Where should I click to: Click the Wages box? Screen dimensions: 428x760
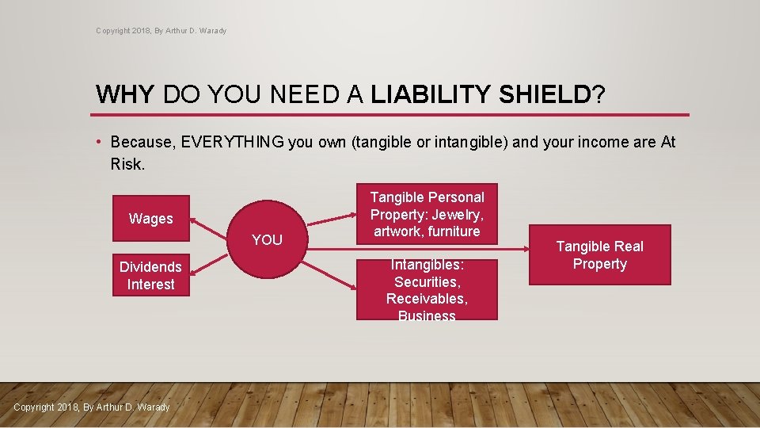tap(150, 218)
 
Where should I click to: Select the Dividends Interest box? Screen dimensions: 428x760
tap(150, 275)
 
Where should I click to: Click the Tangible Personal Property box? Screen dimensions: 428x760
tap(427, 215)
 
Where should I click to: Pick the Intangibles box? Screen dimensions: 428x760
tap(427, 289)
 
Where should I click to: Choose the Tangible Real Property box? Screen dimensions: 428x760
tap(599, 255)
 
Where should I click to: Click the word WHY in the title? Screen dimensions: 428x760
tap(126, 95)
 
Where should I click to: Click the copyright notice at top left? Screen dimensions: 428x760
tap(161, 31)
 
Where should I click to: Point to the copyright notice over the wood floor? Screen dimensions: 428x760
tap(92, 407)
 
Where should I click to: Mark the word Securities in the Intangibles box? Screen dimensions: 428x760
tap(427, 281)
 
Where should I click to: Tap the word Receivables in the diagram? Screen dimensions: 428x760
tap(427, 299)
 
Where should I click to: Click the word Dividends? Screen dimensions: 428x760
tap(150, 266)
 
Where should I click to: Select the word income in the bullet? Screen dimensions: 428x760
tap(595, 143)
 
